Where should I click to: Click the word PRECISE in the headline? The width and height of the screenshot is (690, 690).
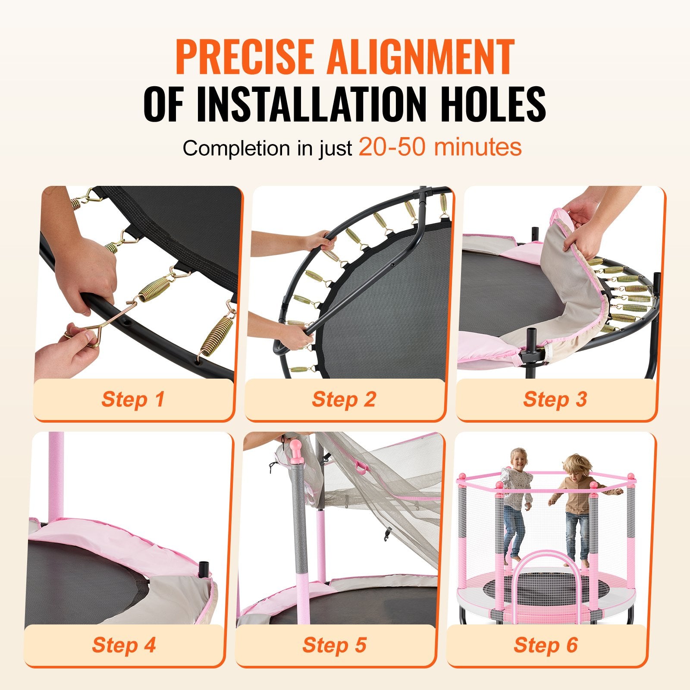[245, 56]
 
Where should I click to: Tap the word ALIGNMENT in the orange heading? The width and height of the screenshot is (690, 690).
[421, 56]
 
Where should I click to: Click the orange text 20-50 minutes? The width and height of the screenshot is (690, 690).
[440, 147]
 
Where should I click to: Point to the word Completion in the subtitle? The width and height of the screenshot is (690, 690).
[236, 148]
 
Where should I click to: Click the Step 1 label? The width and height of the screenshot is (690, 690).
[133, 399]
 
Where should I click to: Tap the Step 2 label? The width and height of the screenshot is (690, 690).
[344, 399]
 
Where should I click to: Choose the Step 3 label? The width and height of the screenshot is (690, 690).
[555, 399]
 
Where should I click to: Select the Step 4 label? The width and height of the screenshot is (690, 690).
[123, 645]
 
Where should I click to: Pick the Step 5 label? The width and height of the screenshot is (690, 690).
[334, 645]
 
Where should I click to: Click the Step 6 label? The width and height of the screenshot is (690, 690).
[546, 645]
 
